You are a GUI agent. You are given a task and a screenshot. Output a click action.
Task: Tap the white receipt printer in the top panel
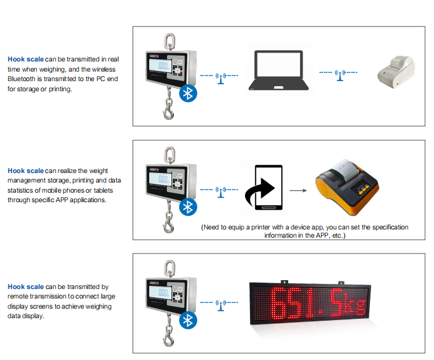tap(396, 70)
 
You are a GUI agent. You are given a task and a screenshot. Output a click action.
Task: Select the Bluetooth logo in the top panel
tap(188, 93)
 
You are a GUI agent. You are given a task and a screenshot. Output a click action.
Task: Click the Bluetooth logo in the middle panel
tap(188, 207)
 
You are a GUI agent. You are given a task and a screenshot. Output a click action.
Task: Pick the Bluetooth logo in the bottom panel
tap(188, 321)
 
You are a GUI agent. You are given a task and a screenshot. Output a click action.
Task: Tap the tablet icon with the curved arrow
tap(265, 190)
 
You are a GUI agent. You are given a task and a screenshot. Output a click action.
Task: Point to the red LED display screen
tap(311, 303)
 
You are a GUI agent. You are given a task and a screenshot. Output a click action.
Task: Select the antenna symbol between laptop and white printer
tap(340, 77)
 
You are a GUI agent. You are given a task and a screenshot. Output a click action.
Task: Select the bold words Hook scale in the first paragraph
tap(26, 59)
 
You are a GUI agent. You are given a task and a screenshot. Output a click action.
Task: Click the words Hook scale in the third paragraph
tap(26, 286)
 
